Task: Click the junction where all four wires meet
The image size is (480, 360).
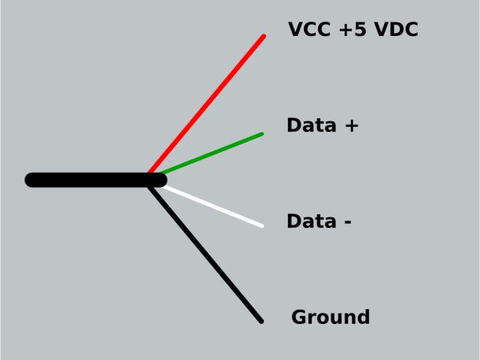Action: pos(153,178)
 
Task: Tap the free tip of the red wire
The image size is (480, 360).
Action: pos(263,36)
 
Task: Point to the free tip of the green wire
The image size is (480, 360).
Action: pos(261,134)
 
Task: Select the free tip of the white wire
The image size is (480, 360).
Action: pos(261,225)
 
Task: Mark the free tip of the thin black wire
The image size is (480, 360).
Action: pos(260,321)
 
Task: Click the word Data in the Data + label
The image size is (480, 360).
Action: pos(311,125)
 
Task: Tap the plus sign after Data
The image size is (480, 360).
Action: pos(351,126)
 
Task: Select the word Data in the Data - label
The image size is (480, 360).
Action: pos(311,221)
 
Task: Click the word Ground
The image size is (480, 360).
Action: pos(331,317)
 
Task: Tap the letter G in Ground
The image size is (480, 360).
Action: pos(298,317)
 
